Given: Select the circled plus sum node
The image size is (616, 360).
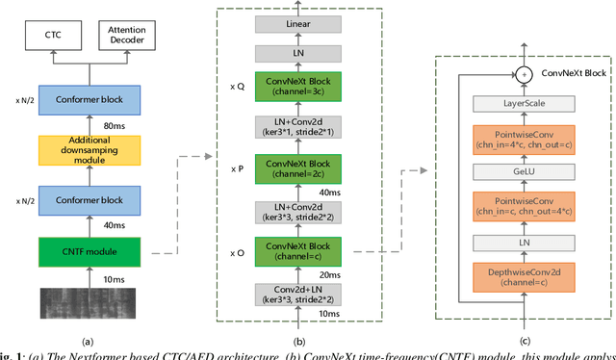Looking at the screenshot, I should (524, 73).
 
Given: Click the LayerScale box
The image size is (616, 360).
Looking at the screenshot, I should (524, 104).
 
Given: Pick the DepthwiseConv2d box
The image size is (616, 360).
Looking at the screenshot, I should (524, 275).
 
